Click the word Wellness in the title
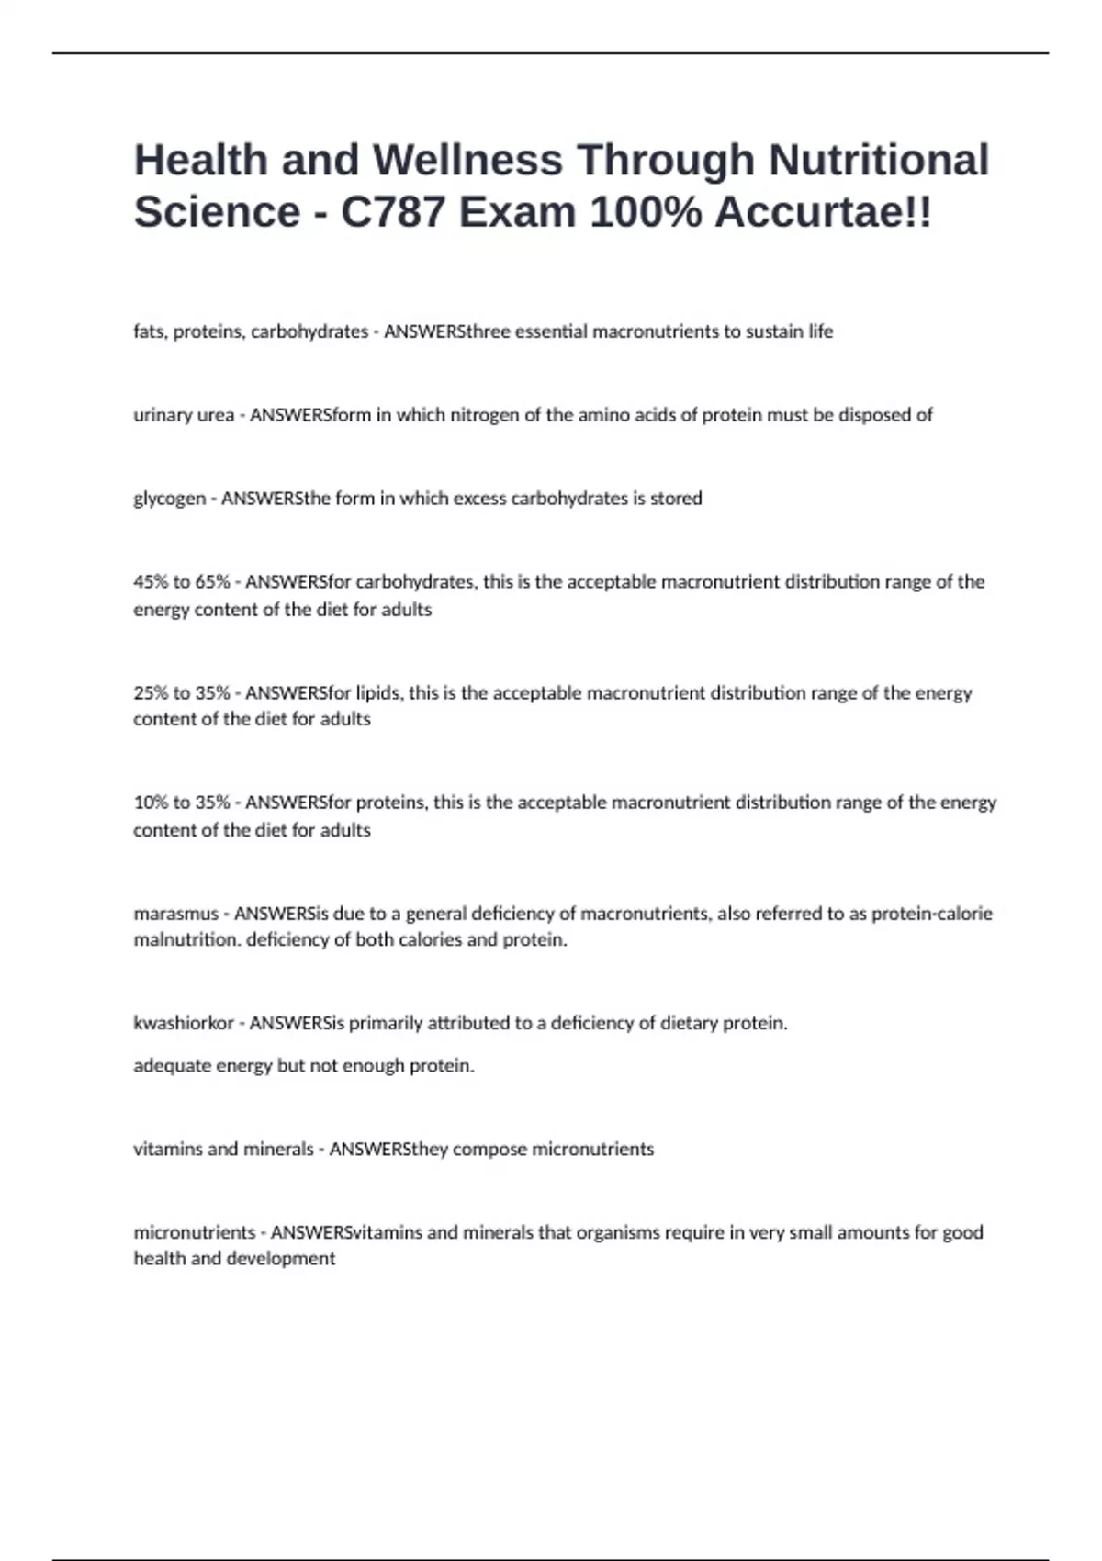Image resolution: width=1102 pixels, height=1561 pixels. click(467, 160)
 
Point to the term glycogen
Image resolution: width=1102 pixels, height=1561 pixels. click(169, 499)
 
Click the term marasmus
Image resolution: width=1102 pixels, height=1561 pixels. click(175, 914)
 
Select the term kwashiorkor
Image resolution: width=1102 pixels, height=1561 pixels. click(184, 1023)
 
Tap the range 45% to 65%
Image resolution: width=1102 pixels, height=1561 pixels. click(182, 582)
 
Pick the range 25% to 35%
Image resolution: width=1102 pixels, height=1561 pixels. click(182, 693)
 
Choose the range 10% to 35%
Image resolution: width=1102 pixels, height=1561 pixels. click(182, 803)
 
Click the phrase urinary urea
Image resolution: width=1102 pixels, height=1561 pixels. click(184, 415)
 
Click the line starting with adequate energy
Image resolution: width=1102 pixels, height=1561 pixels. click(303, 1066)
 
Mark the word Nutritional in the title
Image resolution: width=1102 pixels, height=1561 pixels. click(879, 160)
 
